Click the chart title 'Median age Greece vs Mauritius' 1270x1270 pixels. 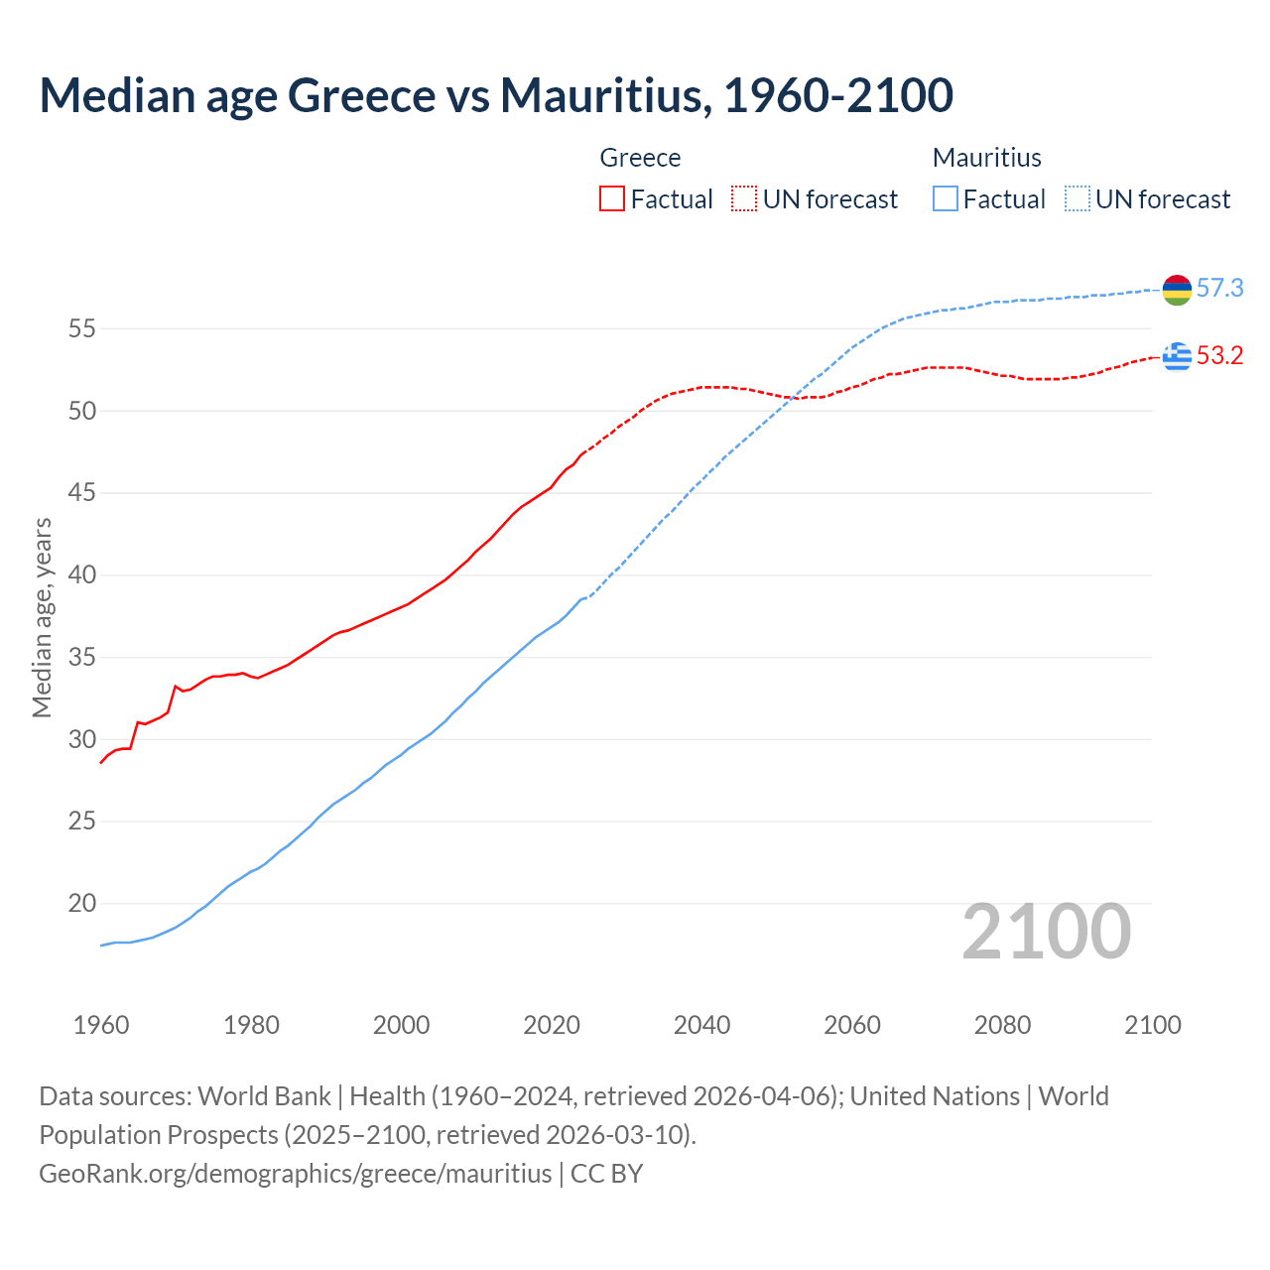pos(496,95)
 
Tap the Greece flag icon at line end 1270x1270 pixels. pos(1177,355)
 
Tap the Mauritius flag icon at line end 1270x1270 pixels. pos(1177,290)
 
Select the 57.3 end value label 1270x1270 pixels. pos(1219,289)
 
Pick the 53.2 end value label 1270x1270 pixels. pos(1219,355)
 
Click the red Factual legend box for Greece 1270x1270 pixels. pos(612,199)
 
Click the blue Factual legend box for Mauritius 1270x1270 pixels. pos(946,199)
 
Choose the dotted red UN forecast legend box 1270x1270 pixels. pos(744,199)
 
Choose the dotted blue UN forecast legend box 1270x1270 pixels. pos(1078,199)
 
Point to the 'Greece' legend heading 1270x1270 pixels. pos(640,158)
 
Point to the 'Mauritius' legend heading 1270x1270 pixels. pos(986,158)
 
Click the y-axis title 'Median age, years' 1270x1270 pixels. pos(42,617)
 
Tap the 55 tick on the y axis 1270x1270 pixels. pos(81,328)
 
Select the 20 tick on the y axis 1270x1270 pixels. pos(81,904)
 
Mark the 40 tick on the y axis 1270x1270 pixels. pos(81,575)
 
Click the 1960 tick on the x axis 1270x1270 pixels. pos(101,1025)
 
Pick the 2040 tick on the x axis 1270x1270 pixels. pos(701,1025)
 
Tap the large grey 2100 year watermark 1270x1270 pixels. pos(1046,932)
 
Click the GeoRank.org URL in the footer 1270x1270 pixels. pos(295,1174)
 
